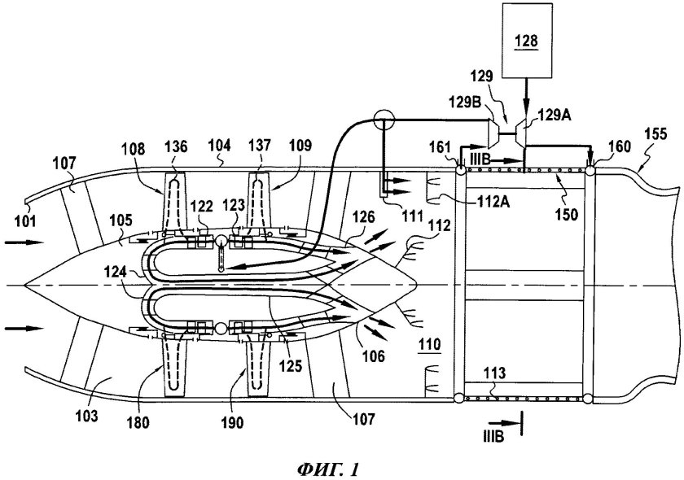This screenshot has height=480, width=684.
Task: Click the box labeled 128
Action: point(527,41)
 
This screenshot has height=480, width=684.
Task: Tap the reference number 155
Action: point(655,134)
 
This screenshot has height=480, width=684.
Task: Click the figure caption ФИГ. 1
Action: point(330,469)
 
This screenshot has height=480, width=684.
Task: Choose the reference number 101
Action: point(26,221)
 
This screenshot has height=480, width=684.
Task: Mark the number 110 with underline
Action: point(429,345)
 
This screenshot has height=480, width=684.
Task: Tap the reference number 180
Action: point(138,422)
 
